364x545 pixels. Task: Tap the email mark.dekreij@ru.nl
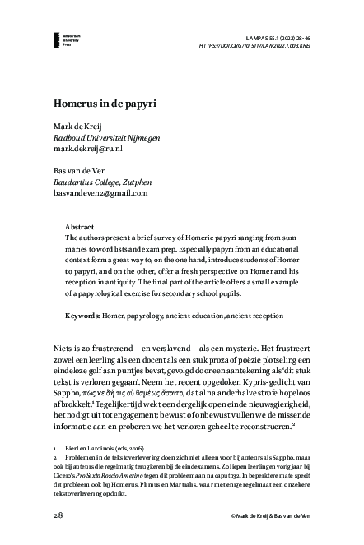tap(88, 150)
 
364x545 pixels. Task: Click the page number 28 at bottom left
tap(58, 514)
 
